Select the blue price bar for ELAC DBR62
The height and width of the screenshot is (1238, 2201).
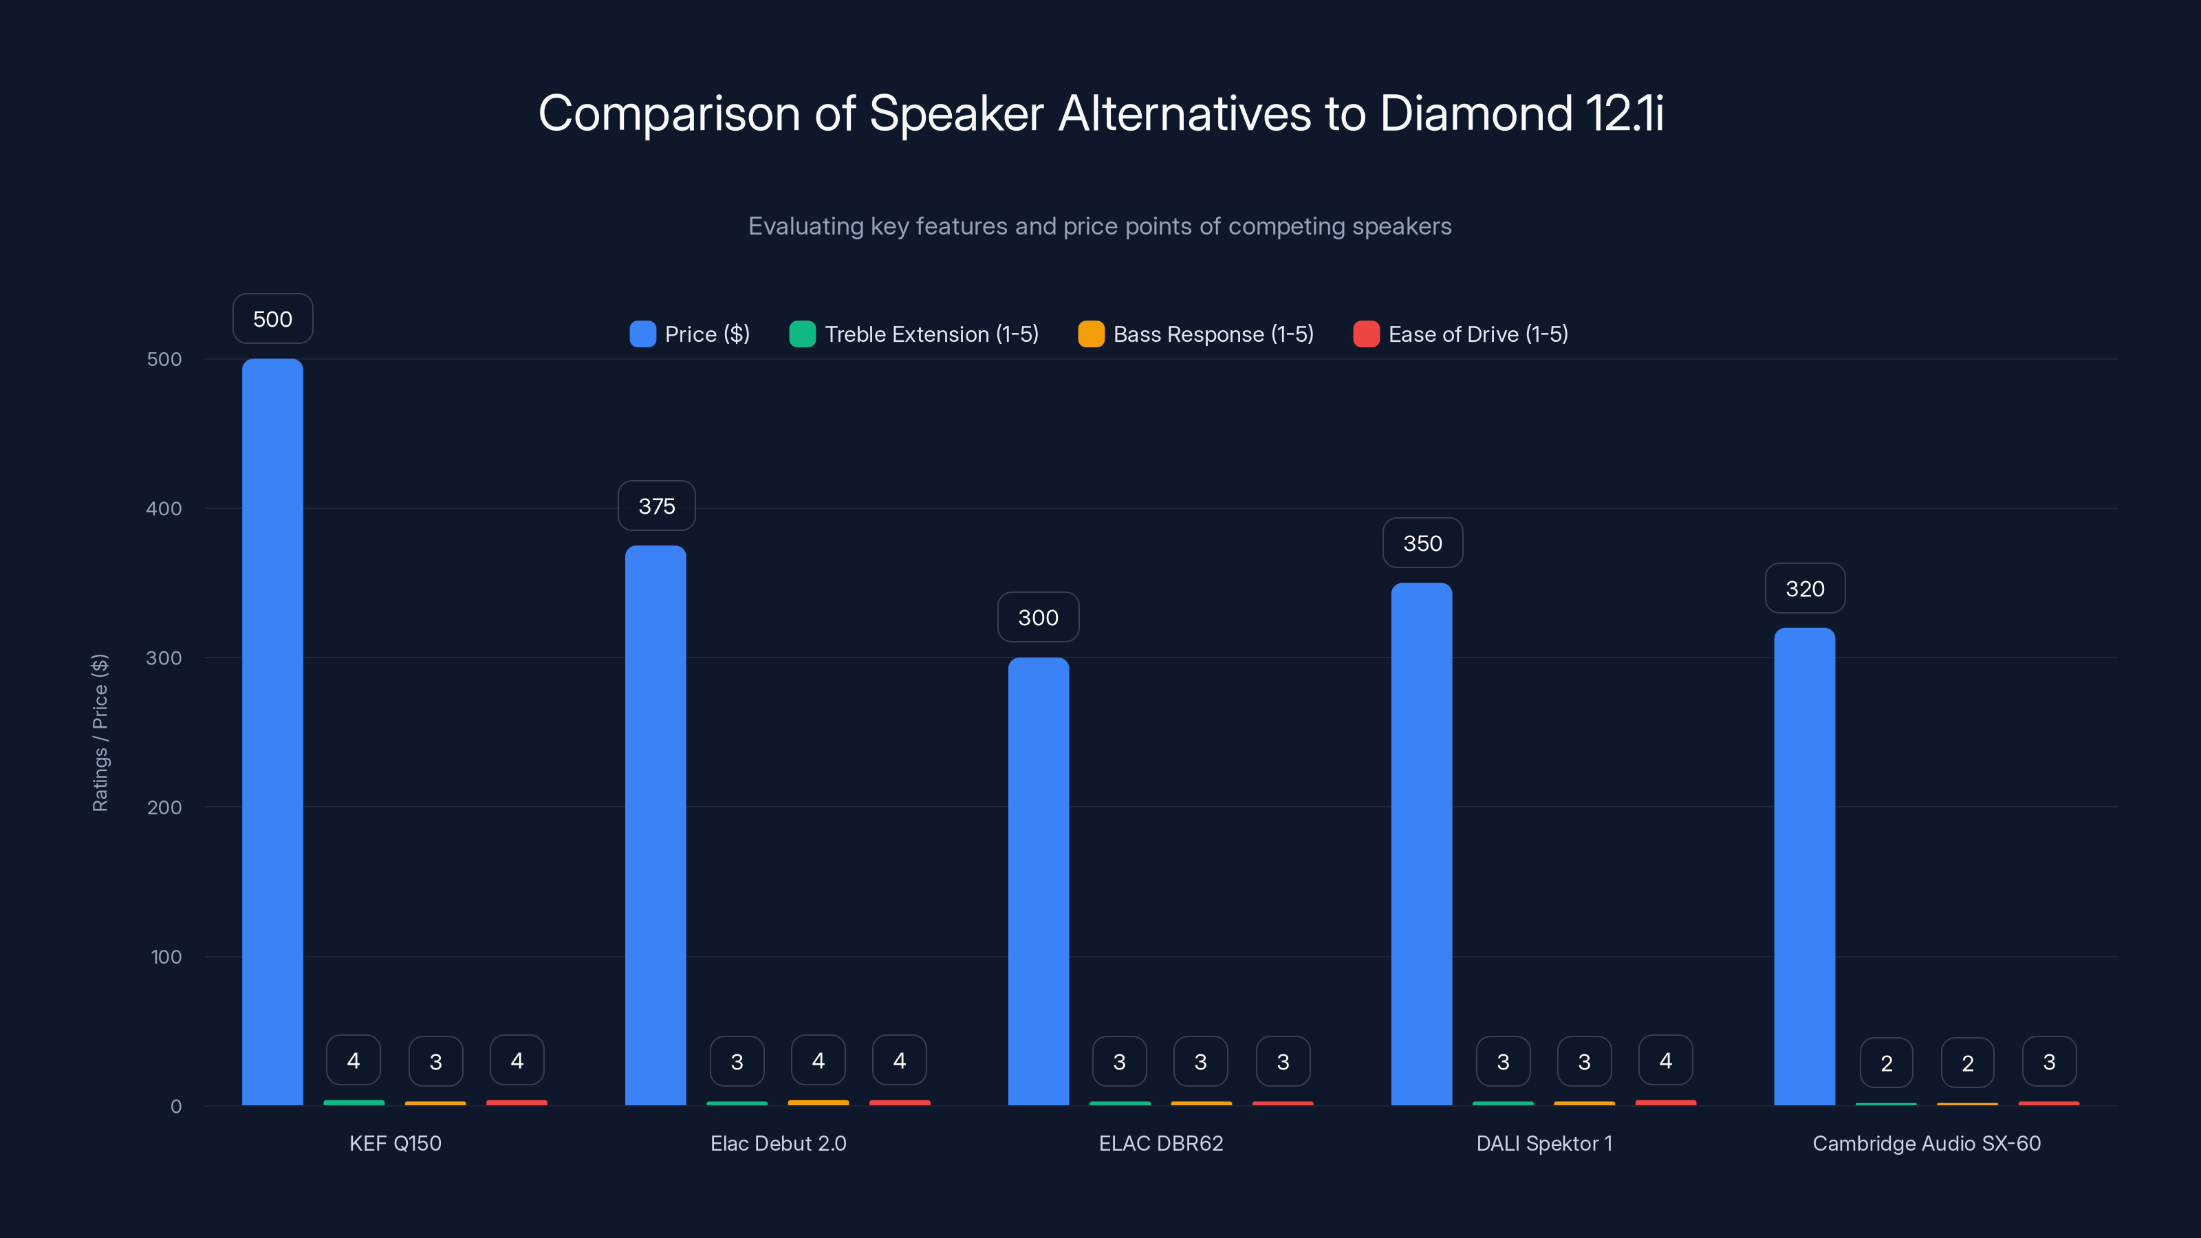[1038, 881]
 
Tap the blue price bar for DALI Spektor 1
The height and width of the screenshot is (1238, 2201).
[1421, 843]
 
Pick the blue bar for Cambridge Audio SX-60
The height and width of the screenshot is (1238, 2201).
[1803, 867]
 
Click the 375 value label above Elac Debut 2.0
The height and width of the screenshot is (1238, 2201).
[656, 506]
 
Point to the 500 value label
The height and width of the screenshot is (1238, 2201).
[272, 318]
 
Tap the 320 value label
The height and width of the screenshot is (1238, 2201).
[1805, 589]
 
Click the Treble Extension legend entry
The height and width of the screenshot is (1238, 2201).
[914, 334]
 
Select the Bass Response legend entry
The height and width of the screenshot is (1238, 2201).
[1196, 334]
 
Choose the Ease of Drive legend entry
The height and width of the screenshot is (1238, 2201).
[1461, 334]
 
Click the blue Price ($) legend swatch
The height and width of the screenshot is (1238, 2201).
[642, 334]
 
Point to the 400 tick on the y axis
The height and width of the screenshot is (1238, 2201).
[164, 508]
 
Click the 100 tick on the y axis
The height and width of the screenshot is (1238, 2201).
[166, 957]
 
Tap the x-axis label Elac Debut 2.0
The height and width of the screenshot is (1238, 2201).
[777, 1143]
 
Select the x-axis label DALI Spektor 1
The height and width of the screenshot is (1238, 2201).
[1544, 1143]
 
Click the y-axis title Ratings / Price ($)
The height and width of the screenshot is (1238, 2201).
[100, 732]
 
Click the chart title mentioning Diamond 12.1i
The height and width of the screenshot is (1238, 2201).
[1100, 113]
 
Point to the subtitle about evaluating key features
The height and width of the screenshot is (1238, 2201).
[1100, 226]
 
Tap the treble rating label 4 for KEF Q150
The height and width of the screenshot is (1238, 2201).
[353, 1061]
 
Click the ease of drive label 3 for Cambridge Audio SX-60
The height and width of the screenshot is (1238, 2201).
[2049, 1061]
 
